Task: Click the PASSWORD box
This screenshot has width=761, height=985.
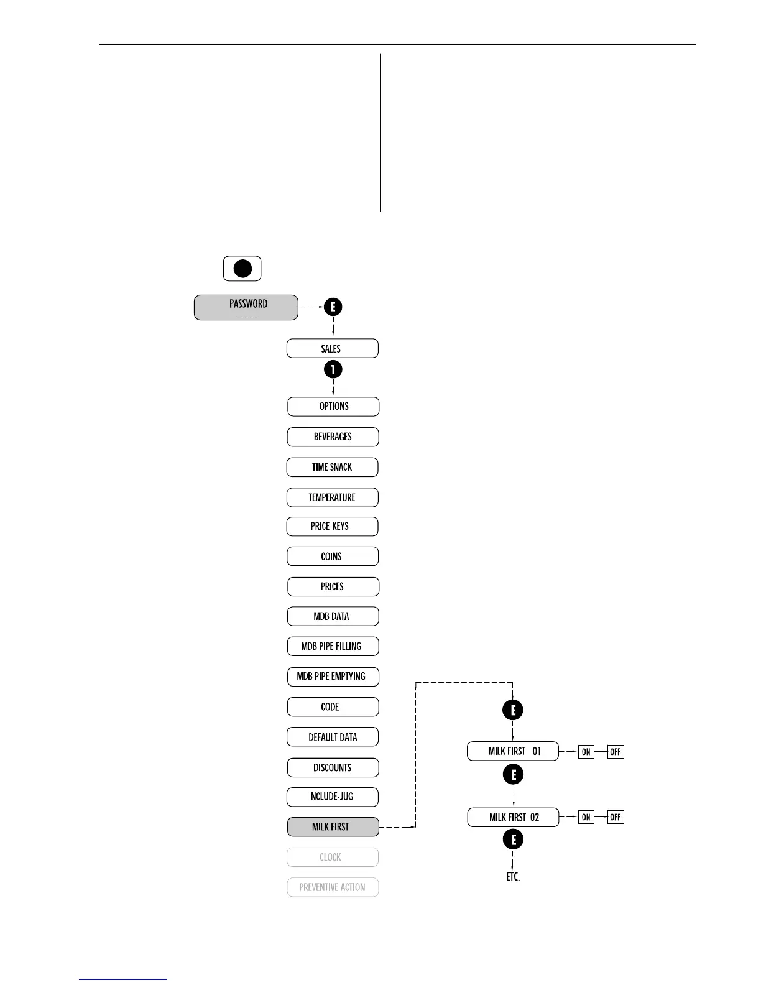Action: [246, 307]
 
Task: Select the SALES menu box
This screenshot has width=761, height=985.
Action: [332, 348]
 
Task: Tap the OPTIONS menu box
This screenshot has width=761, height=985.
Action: [333, 406]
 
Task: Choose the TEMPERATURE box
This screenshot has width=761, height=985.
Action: [332, 497]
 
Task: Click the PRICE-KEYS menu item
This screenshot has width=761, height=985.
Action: [332, 526]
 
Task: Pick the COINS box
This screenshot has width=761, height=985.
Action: [332, 556]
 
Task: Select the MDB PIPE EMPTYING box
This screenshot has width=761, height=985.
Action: [333, 676]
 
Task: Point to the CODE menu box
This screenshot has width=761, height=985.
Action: [333, 706]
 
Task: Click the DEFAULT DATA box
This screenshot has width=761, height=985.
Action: [333, 737]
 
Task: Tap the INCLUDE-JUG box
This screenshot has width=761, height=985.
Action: [332, 797]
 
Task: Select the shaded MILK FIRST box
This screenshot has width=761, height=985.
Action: [333, 826]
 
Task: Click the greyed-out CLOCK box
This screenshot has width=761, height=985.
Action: [333, 857]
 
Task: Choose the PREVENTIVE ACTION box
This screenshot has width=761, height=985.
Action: [333, 887]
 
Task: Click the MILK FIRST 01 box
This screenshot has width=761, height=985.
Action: [513, 751]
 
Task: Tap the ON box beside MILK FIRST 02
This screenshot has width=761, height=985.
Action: [586, 817]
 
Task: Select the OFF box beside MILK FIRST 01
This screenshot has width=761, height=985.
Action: [616, 752]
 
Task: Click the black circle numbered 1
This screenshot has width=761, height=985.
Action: [333, 369]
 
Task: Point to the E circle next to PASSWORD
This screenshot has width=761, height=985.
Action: [333, 307]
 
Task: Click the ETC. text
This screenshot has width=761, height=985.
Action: [512, 877]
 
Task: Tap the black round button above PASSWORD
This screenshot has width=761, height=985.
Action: [242, 269]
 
